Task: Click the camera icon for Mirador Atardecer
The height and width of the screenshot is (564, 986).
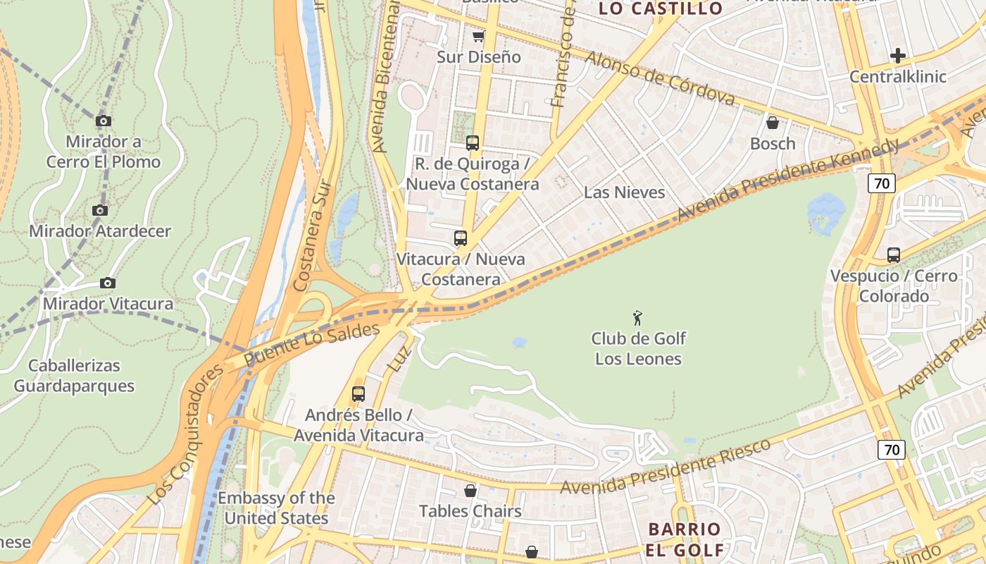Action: click(100, 210)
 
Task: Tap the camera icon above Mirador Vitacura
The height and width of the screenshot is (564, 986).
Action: click(107, 283)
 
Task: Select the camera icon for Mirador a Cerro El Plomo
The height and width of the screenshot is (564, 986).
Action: click(104, 121)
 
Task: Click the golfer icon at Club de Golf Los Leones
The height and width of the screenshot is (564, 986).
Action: click(638, 318)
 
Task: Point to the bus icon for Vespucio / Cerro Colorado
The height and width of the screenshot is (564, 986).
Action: click(894, 255)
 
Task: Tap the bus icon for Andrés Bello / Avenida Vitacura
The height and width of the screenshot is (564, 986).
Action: click(358, 393)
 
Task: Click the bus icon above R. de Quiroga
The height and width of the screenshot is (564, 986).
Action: click(473, 143)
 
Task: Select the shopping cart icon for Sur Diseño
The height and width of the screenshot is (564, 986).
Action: click(479, 36)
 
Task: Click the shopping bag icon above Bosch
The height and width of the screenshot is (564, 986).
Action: click(773, 123)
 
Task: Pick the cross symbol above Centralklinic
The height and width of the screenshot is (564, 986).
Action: click(898, 55)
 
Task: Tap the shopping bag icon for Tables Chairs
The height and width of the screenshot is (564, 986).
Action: click(470, 490)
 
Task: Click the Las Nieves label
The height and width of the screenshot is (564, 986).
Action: click(624, 192)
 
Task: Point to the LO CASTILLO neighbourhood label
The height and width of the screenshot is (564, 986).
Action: click(661, 8)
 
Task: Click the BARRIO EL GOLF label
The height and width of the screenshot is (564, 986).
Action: click(685, 539)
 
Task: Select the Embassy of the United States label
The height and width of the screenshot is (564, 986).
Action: click(276, 508)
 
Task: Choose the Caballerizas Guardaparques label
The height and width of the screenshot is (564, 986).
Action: click(74, 376)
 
